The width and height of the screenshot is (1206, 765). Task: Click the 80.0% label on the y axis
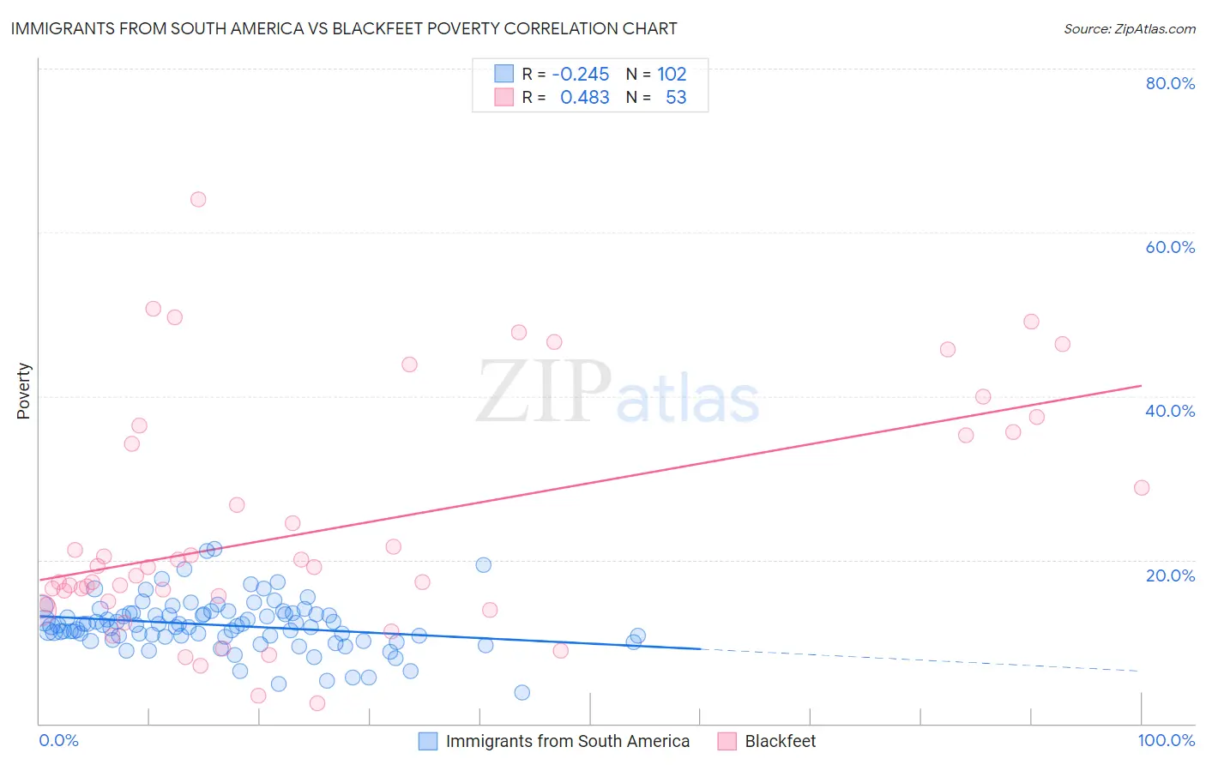1170,83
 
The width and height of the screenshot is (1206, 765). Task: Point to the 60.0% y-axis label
1170,247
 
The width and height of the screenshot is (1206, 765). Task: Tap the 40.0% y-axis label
1170,411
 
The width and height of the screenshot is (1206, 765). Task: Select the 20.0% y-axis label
1170,575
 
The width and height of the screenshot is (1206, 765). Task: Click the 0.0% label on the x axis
58,740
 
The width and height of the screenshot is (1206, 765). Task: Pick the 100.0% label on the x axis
1166,740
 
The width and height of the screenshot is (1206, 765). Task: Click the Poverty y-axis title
23,391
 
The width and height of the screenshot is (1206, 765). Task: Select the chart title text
344,28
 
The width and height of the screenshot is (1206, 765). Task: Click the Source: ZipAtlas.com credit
1129,28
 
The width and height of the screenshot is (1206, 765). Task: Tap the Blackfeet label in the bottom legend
780,741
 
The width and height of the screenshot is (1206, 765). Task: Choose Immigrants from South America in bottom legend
567,741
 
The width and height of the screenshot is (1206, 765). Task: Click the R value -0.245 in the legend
580,75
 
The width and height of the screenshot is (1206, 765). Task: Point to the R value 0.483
584,98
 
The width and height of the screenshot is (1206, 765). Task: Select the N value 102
672,75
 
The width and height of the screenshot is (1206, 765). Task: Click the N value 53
676,98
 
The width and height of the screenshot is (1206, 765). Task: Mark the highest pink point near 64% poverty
198,199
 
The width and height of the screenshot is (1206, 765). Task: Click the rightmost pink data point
1141,488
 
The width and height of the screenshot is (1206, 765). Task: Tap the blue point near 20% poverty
484,565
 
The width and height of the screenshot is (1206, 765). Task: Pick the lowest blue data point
522,692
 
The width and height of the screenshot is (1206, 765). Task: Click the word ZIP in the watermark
543,392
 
